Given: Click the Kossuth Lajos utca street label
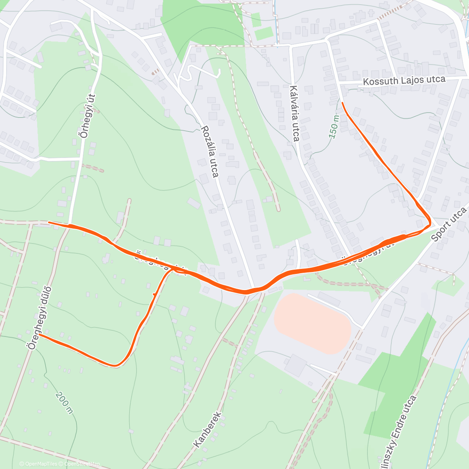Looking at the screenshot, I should click(x=404, y=81).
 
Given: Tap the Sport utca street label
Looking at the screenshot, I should click(x=449, y=224).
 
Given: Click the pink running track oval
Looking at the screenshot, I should click(x=312, y=324).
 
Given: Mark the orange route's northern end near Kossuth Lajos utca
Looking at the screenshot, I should click(x=342, y=103).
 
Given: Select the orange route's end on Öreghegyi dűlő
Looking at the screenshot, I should click(x=39, y=335).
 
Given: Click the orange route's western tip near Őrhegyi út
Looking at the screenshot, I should click(x=49, y=222).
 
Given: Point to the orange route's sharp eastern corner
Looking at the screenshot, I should click(x=430, y=224).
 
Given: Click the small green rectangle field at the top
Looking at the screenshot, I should click(x=263, y=33).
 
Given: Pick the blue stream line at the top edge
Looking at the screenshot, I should click(x=277, y=20).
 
